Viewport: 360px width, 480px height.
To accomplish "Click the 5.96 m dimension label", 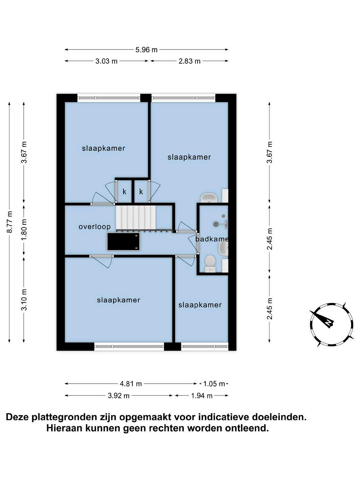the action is (146, 50).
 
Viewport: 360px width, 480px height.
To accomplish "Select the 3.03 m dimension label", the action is (106, 61).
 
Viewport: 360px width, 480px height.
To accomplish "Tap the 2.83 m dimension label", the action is (189, 61).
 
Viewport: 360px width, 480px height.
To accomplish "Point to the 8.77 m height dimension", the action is (10, 222).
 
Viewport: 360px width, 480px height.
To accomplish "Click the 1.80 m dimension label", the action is (24, 229).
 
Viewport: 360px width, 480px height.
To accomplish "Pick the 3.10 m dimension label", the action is (24, 300).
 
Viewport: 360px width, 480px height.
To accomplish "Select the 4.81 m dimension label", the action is (131, 384).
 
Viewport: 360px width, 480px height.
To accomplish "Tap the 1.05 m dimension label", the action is (214, 384).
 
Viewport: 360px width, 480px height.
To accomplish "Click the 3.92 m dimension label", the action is (119, 396).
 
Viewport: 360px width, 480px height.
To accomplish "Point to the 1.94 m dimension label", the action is (202, 396).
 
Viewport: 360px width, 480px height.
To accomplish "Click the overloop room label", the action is (94, 227).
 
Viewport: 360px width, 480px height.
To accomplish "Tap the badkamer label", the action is (212, 239).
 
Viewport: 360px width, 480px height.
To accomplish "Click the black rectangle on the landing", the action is (123, 241).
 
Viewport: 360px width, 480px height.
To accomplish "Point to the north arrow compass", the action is (331, 325).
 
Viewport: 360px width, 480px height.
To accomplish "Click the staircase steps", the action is (136, 217).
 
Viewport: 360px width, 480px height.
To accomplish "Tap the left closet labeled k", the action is (125, 191).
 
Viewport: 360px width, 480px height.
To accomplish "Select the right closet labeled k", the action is (141, 191).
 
